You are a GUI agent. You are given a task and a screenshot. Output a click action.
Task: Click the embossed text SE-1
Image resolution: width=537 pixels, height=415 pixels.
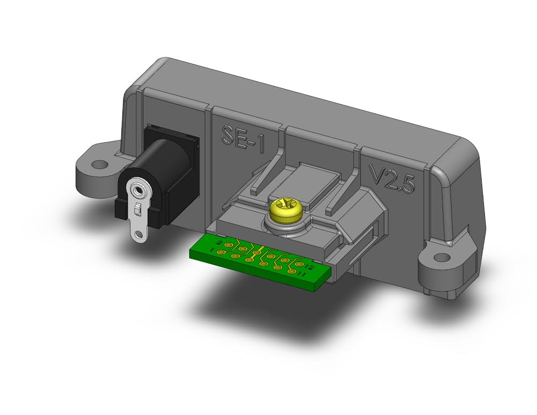243,136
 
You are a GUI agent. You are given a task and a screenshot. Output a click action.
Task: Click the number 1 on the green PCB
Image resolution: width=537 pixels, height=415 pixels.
213,251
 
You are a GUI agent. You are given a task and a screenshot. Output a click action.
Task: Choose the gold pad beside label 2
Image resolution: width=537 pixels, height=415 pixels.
229,245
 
